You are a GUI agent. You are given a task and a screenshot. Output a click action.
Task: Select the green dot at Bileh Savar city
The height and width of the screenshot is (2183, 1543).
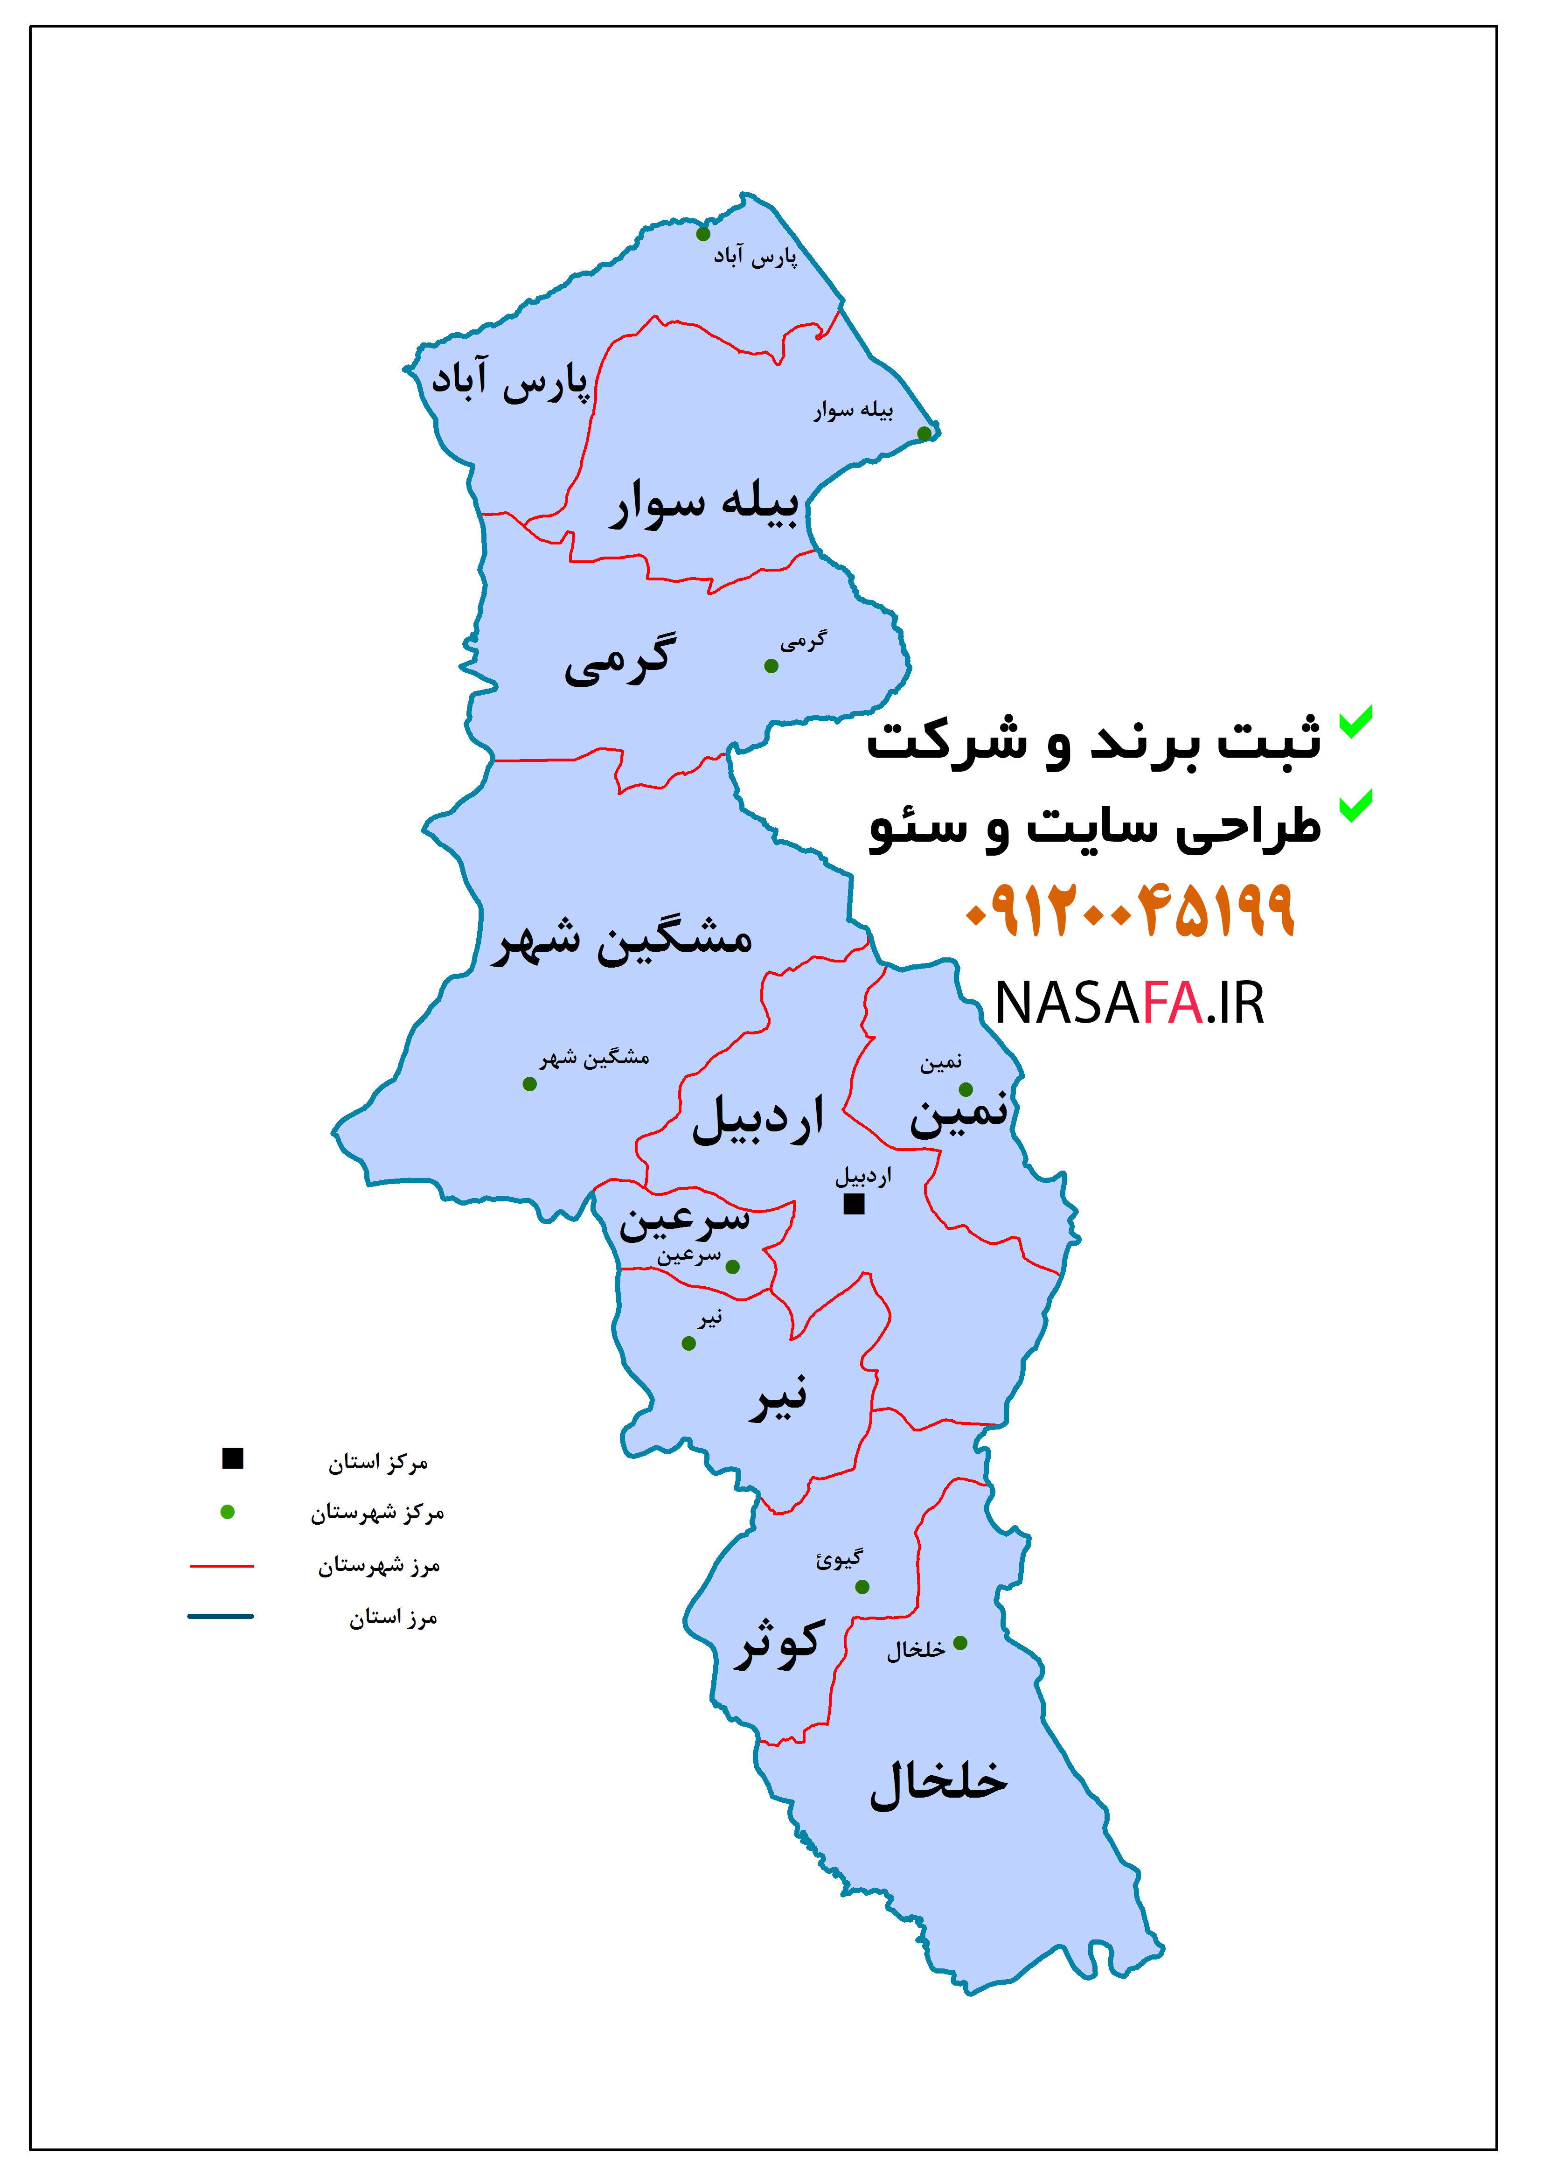(x=924, y=433)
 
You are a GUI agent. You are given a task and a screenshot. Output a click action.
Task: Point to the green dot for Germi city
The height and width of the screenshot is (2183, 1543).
(x=771, y=666)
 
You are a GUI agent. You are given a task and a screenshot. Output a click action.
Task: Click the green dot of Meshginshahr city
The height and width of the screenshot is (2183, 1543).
(x=529, y=1084)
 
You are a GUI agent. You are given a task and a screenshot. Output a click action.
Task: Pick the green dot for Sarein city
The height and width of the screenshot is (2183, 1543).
(x=732, y=1266)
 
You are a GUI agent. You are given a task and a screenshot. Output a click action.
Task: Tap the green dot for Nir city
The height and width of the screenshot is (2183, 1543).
(x=688, y=1344)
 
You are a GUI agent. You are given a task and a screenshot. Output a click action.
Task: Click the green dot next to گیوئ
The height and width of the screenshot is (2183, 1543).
(x=862, y=1587)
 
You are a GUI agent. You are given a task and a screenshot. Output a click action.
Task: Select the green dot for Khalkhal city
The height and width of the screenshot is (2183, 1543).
(x=960, y=1643)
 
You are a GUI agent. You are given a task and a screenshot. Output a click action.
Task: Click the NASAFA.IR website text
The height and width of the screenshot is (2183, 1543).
(x=1129, y=1003)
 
